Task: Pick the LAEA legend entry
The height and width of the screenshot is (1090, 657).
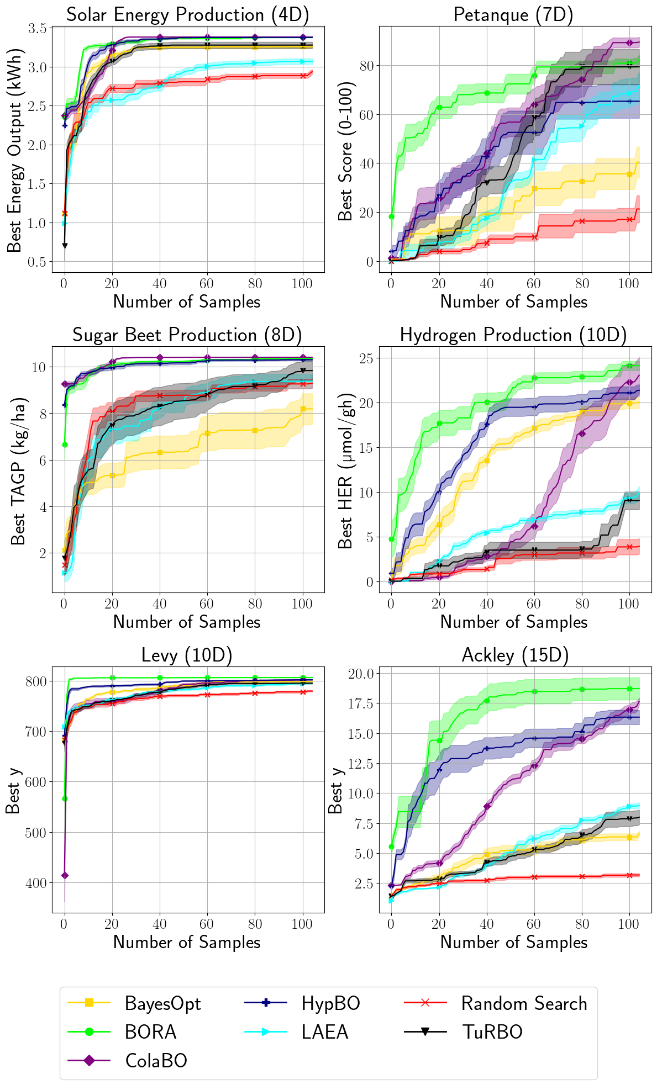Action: [x=325, y=1032]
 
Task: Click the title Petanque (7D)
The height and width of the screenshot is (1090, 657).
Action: [x=513, y=14]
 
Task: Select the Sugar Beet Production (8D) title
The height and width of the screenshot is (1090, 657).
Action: [x=187, y=335]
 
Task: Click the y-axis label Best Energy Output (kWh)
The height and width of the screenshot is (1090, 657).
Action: [x=14, y=150]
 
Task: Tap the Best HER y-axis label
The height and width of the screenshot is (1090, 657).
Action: [x=345, y=470]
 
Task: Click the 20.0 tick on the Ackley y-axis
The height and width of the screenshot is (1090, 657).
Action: [x=360, y=674]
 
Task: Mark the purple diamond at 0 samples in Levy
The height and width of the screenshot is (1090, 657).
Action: [x=65, y=875]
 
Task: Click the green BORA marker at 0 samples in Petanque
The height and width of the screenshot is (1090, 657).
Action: [x=391, y=216]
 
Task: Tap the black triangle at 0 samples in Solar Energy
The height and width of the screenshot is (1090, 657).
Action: [x=65, y=245]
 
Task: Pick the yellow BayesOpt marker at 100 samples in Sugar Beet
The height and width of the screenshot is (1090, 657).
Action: [x=303, y=409]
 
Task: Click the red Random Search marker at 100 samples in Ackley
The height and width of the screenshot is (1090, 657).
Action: [x=629, y=875]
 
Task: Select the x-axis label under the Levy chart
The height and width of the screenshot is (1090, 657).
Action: [x=187, y=942]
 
